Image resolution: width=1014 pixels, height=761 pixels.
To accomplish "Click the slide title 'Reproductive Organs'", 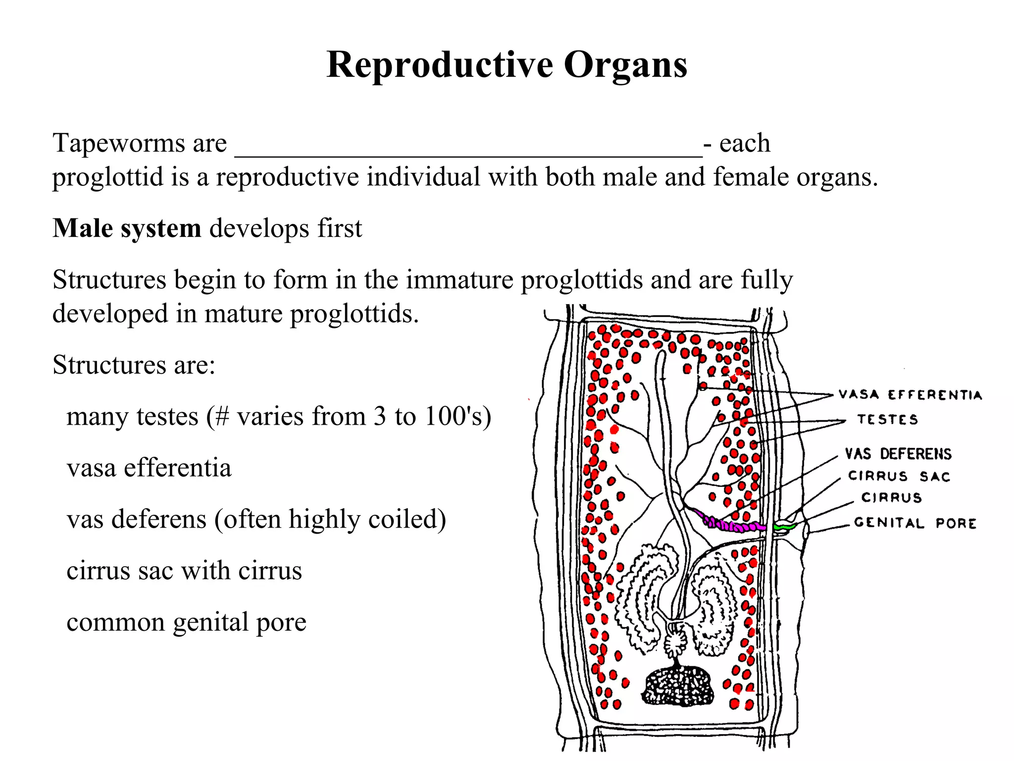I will (x=507, y=65).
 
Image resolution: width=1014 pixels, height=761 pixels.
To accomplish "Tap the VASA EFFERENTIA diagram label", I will (x=910, y=395).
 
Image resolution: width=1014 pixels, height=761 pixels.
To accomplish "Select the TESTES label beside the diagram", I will (x=887, y=420).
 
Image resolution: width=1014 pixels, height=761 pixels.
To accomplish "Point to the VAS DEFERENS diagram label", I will (x=898, y=454).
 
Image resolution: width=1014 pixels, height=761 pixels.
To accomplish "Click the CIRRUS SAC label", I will (x=899, y=476).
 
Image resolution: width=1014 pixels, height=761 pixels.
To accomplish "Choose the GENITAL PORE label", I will (x=915, y=523).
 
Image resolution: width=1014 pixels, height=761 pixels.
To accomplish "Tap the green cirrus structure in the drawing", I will (x=784, y=527).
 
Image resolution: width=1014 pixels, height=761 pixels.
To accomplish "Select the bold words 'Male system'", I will (x=127, y=229).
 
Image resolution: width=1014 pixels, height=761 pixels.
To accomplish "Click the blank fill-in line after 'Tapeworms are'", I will (x=468, y=149).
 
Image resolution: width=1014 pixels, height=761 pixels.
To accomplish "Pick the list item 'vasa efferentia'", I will (x=149, y=468).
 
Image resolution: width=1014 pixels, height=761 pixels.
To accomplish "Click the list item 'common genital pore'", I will (x=186, y=622).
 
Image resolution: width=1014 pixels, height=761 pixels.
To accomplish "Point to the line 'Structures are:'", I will (x=134, y=365).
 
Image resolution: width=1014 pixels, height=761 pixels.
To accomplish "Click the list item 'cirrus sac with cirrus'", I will (x=184, y=571).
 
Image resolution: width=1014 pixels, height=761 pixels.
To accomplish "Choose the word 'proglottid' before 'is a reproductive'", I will (x=108, y=177).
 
